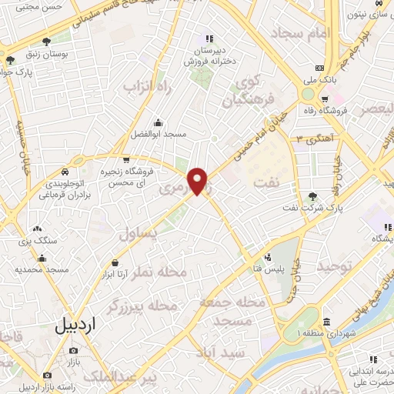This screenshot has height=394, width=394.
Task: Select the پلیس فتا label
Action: point(269,268)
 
